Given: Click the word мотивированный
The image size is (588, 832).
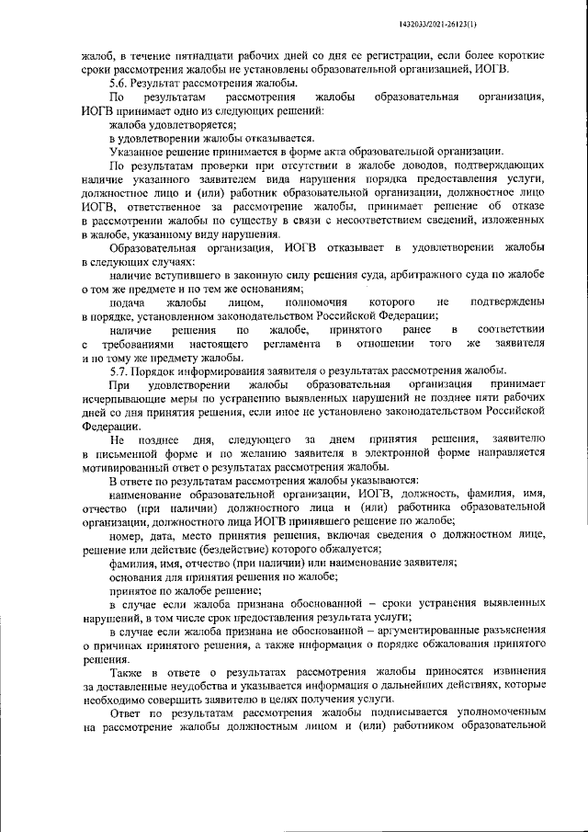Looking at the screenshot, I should coord(128,467).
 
